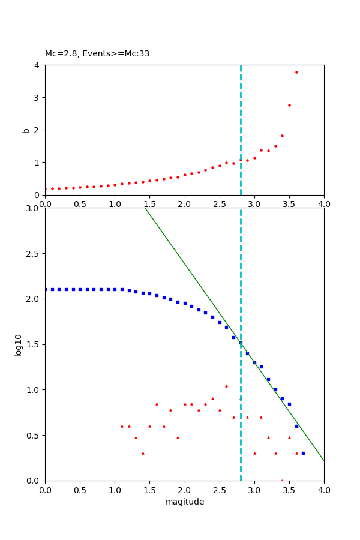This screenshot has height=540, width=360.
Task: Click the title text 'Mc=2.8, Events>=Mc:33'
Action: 97,54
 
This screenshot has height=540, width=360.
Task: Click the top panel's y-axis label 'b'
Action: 25,130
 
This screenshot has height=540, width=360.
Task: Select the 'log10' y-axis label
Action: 19,345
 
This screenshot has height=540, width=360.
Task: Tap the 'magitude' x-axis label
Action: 184,502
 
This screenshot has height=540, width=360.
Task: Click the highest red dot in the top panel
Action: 296,72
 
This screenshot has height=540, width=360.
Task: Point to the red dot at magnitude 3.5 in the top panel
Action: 289,105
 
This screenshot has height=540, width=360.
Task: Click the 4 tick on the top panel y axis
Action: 37,65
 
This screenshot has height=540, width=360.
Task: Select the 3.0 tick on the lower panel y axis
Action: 34,208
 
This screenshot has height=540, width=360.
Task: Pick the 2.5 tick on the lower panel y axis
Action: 34,254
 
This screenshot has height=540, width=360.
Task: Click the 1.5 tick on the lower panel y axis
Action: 34,344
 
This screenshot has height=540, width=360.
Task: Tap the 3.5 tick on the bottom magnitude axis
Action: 289,490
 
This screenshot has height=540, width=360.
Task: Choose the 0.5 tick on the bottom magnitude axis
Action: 80,490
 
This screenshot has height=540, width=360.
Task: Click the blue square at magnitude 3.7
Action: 303,453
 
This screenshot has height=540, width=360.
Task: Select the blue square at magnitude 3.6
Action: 296,426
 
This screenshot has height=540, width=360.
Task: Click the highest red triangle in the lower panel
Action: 226,386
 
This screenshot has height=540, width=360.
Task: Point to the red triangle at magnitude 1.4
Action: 143,453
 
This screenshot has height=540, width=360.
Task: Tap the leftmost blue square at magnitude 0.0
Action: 45,289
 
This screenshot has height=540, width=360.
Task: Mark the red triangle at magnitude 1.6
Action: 157,404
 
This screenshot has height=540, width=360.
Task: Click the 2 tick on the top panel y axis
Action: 37,130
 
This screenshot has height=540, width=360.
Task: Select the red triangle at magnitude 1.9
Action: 178,437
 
